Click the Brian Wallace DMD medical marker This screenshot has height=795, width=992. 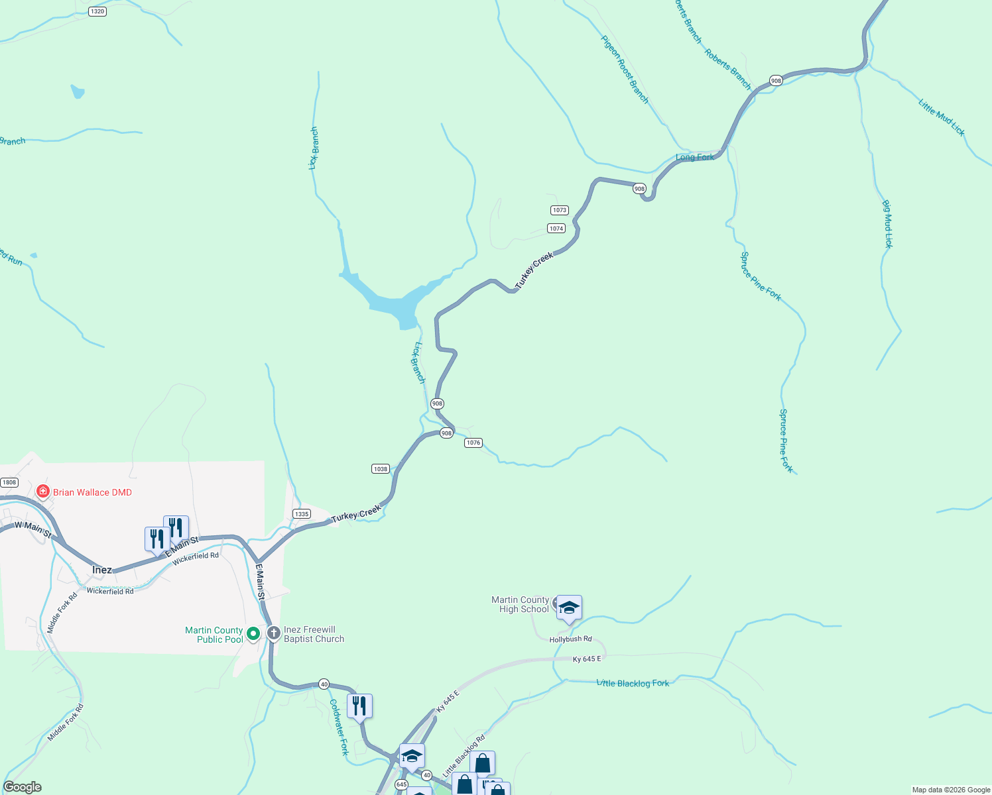pyautogui.click(x=43, y=492)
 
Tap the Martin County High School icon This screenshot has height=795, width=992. pyautogui.click(x=569, y=608)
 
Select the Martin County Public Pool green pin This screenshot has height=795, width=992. pyautogui.click(x=253, y=634)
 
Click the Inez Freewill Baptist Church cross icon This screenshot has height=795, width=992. pyautogui.click(x=273, y=633)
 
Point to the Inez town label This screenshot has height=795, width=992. pyautogui.click(x=102, y=570)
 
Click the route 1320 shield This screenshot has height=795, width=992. pyautogui.click(x=97, y=11)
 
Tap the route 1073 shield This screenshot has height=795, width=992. pyautogui.click(x=560, y=210)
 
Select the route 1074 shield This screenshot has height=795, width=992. pyautogui.click(x=556, y=229)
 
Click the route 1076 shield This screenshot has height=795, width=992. pyautogui.click(x=473, y=443)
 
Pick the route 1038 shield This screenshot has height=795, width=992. pyautogui.click(x=381, y=469)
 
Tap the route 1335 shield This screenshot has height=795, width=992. pyautogui.click(x=302, y=514)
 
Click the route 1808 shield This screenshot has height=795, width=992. pyautogui.click(x=9, y=482)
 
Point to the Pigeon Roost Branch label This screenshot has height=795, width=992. pyautogui.click(x=625, y=70)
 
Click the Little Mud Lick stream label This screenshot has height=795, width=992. pyautogui.click(x=942, y=117)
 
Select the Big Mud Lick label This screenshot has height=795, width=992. pyautogui.click(x=888, y=224)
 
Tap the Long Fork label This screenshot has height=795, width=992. pyautogui.click(x=695, y=157)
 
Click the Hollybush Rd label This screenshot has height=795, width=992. pyautogui.click(x=570, y=639)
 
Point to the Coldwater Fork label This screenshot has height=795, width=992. pyautogui.click(x=339, y=727)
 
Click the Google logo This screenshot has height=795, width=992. pyautogui.click(x=22, y=787)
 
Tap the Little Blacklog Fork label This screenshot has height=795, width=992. pyautogui.click(x=633, y=683)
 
